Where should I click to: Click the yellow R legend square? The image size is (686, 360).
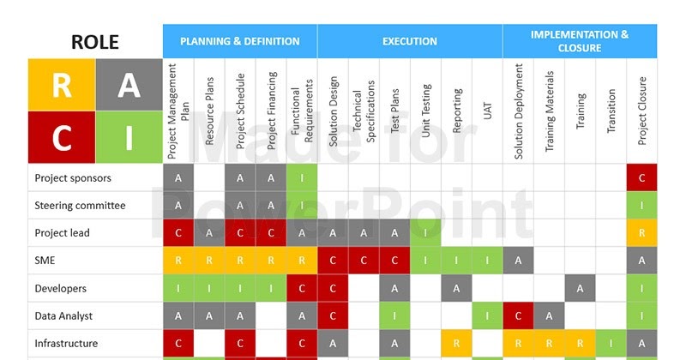(61, 85)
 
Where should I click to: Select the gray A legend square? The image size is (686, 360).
(129, 85)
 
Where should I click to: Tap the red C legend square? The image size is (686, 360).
(61, 137)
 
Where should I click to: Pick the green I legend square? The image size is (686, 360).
(129, 137)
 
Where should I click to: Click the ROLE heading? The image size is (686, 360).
(95, 42)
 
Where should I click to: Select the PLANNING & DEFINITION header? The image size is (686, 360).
(240, 41)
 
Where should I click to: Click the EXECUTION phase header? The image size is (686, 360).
(410, 41)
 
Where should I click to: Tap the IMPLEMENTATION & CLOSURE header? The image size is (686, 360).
(580, 41)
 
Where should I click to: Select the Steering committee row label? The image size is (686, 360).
(80, 206)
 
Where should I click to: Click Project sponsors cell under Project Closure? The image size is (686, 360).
(642, 178)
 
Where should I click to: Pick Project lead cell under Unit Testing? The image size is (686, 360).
(426, 233)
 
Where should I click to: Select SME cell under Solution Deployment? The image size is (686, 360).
(519, 261)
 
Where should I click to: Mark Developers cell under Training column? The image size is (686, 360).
(581, 289)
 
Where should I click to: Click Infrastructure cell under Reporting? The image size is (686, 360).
(457, 344)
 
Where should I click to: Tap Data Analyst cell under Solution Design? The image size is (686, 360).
(334, 316)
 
